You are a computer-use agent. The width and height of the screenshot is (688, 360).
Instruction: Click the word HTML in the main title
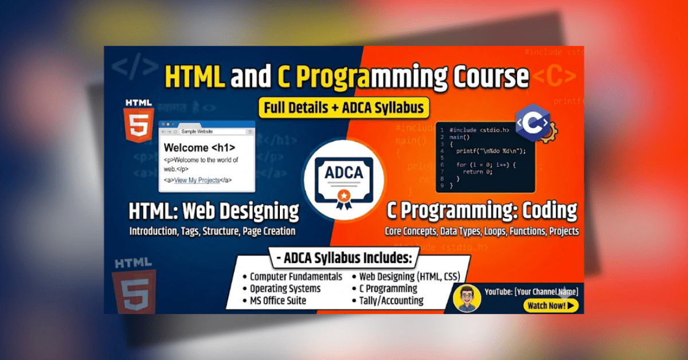[x=194, y=77]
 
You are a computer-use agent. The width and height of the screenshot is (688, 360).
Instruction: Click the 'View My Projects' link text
[x=197, y=180]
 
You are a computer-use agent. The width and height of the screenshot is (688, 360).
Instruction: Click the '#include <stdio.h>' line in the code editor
[x=479, y=130]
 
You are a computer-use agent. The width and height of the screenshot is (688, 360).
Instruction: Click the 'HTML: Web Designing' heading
[x=213, y=212]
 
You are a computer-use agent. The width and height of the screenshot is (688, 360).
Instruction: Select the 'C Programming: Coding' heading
[x=482, y=212]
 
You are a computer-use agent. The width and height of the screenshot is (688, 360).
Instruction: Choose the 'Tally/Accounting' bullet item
[x=392, y=300]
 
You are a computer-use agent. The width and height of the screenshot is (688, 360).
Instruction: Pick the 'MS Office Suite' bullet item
[x=277, y=300]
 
